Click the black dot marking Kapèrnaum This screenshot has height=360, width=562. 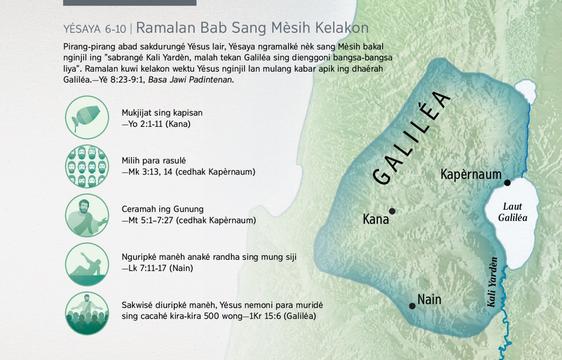tap(507, 183)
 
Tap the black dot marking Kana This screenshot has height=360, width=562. tap(392, 211)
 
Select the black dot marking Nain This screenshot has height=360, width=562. tap(412, 306)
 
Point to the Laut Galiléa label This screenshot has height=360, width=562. tap(512, 212)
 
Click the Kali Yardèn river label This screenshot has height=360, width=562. tap(492, 282)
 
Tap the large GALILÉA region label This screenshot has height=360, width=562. tap(412, 138)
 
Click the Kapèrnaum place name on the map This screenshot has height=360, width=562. tap(471, 174)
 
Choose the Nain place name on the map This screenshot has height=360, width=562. tap(429, 300)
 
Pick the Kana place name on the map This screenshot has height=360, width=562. tap(376, 220)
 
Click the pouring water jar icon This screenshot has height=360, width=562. tap(87, 118)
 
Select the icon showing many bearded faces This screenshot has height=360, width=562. tap(87, 166)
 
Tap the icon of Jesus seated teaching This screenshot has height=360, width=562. tap(87, 215)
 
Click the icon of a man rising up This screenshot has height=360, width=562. tap(87, 264)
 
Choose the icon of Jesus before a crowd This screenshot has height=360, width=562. tap(87, 313)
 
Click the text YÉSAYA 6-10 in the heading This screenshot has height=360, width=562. tap(95, 29)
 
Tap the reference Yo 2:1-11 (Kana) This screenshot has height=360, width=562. tap(156, 124)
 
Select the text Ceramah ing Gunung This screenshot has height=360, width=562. tap(163, 209)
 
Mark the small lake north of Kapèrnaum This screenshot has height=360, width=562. tap(525, 91)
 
